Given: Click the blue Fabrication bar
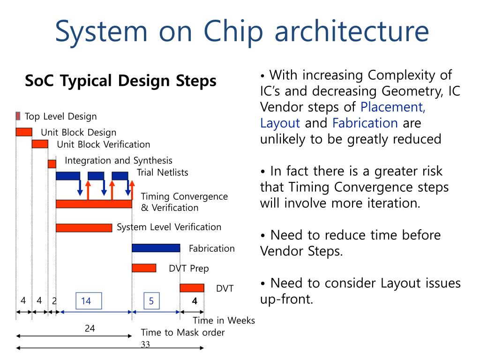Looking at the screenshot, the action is click(156, 248).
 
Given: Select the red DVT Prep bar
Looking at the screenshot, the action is click(144, 268).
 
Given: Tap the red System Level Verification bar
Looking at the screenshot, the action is click(84, 228).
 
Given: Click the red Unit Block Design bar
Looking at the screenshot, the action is click(24, 132).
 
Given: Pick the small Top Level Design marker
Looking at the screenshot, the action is click(18, 116).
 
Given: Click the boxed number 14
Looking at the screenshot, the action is click(89, 301).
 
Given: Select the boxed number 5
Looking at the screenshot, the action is click(151, 301).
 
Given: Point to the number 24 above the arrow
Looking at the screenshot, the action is click(90, 329).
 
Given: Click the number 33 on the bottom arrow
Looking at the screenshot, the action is click(145, 345).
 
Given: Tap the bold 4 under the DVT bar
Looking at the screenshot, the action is click(195, 301).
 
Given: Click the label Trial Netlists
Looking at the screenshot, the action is click(162, 172).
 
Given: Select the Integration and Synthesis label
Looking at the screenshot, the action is click(119, 160).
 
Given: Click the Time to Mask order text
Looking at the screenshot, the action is click(183, 332).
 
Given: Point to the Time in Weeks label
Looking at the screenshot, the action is click(224, 320).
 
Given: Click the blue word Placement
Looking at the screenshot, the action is click(393, 107).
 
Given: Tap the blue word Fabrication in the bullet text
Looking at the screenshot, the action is click(365, 123).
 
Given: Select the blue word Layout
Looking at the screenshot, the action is click(280, 123).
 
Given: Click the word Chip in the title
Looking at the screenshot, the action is click(233, 31).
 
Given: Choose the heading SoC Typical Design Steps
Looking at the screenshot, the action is click(120, 81).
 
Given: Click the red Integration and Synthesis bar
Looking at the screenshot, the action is click(52, 164).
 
